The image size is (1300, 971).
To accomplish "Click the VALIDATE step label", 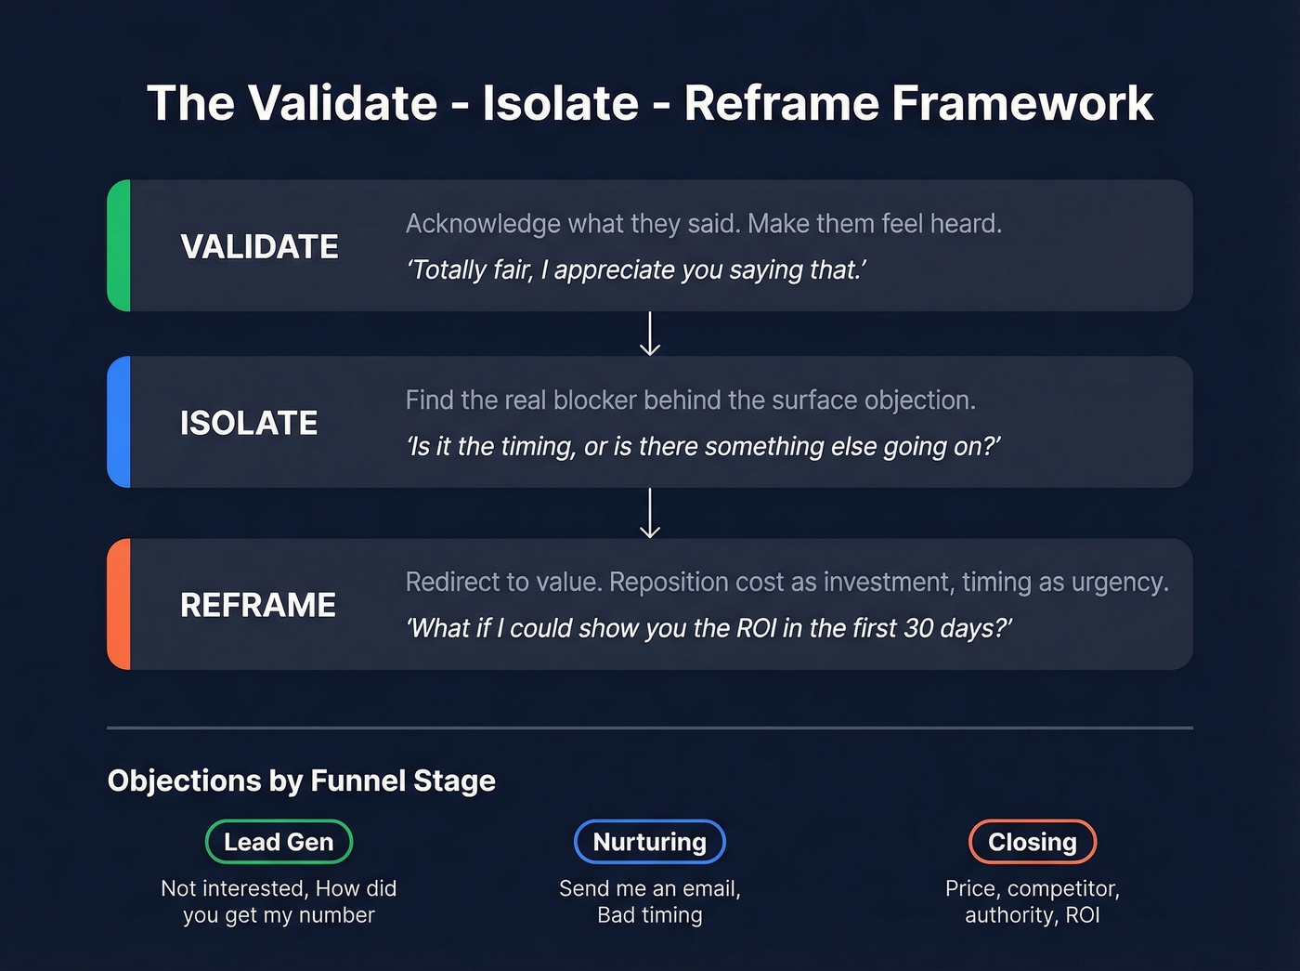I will [259, 247].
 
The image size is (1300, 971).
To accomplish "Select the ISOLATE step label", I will [249, 424].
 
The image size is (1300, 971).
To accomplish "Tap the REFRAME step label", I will [258, 606].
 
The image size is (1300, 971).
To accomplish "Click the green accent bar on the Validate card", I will [119, 245].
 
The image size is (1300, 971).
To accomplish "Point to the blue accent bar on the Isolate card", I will [119, 422].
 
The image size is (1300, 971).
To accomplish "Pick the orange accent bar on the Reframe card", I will [119, 604].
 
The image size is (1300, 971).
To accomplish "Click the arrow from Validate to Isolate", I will [650, 334].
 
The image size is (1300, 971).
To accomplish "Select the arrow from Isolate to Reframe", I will [650, 513].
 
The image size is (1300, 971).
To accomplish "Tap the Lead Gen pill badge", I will [279, 842].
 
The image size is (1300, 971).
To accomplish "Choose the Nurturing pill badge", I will [650, 842].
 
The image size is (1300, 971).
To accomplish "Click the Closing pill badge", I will [1032, 842].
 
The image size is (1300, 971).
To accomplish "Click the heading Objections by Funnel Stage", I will [302, 781].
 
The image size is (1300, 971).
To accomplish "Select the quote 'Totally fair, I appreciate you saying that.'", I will [636, 270].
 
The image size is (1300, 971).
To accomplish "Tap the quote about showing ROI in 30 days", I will [708, 629].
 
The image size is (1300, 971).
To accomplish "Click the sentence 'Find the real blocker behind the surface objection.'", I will [690, 400].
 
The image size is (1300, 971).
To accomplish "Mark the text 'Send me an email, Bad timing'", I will [650, 901].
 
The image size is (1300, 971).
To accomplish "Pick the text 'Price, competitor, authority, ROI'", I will [1032, 901].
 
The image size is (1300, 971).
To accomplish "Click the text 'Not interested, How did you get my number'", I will [279, 901].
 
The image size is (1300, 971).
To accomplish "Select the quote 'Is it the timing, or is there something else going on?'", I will [703, 447].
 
